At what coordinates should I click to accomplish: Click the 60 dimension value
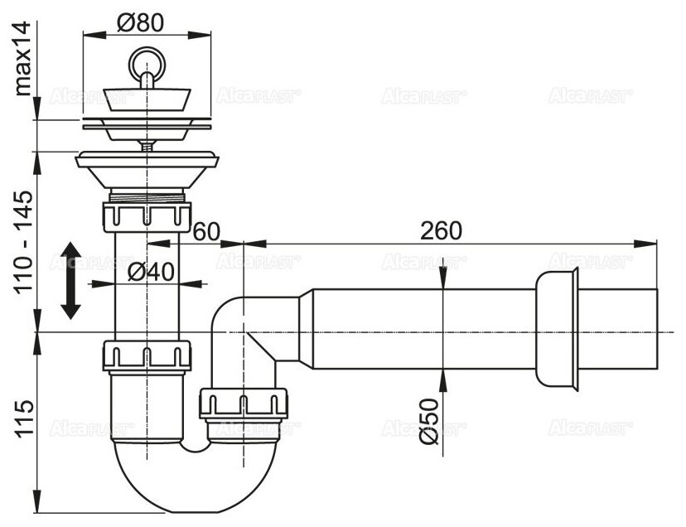pos(208,231)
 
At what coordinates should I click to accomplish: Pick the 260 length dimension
pos(440,231)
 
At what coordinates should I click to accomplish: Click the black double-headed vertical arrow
pos(70,280)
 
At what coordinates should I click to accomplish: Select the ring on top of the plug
pos(146,62)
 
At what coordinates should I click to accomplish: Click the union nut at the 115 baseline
pos(146,355)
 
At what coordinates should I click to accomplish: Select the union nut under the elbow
pos(244,404)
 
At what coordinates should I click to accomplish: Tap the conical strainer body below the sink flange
pos(146,173)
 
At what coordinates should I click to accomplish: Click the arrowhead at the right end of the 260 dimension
pos(650,243)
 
